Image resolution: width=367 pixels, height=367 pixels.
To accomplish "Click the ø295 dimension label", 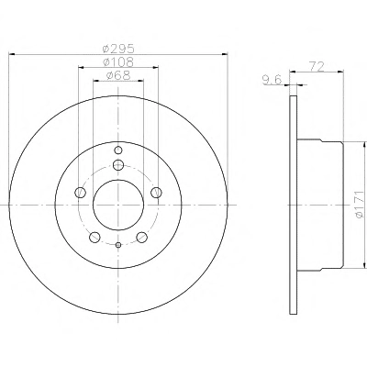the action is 118,49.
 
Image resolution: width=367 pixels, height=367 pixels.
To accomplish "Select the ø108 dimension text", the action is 118,62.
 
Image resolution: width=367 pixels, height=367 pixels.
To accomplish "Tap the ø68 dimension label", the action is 118,75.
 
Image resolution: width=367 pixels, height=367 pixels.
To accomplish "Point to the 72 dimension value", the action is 317,66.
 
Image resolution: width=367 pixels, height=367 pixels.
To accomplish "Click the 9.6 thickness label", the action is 272,80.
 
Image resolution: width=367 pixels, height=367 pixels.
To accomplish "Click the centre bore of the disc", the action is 118,205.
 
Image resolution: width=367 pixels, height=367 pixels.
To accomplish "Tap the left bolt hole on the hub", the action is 80,193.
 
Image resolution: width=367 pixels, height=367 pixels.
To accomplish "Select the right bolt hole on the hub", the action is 157,193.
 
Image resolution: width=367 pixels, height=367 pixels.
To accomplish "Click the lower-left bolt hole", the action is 95,237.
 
